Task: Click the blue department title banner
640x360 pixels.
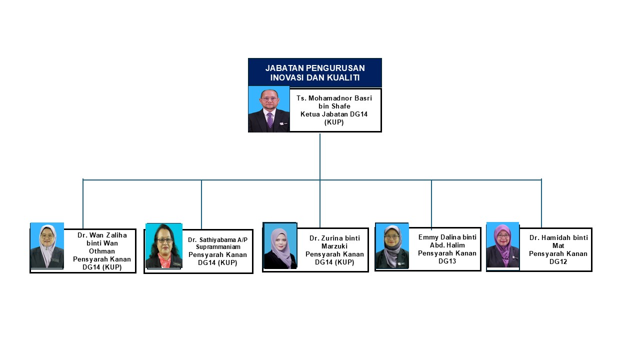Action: pyautogui.click(x=315, y=72)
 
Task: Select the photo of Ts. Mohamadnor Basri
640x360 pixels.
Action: pyautogui.click(x=269, y=109)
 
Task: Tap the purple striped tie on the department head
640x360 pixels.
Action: pyautogui.click(x=270, y=120)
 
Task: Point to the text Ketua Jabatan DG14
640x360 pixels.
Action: pyautogui.click(x=334, y=114)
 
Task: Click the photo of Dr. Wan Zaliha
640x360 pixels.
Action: pyautogui.click(x=47, y=245)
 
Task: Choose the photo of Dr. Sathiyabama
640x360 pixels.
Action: pyautogui.click(x=164, y=245)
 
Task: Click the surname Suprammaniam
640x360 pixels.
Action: pyautogui.click(x=218, y=247)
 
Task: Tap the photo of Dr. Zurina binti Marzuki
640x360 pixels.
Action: pyautogui.click(x=280, y=246)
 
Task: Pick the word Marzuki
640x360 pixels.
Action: pyautogui.click(x=334, y=246)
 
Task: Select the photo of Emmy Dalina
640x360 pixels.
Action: pyautogui.click(x=392, y=245)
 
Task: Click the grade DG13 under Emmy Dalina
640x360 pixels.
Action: pyautogui.click(x=447, y=261)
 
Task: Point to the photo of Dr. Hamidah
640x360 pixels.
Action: pyautogui.click(x=503, y=245)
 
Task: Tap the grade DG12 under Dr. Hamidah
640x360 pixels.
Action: pyautogui.click(x=558, y=261)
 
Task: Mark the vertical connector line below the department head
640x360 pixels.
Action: pyautogui.click(x=320, y=156)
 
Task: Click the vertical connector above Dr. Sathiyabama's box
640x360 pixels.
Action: pyautogui.click(x=201, y=204)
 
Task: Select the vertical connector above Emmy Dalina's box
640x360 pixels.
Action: pyautogui.click(x=431, y=204)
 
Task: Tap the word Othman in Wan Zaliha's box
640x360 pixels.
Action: pyautogui.click(x=102, y=251)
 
